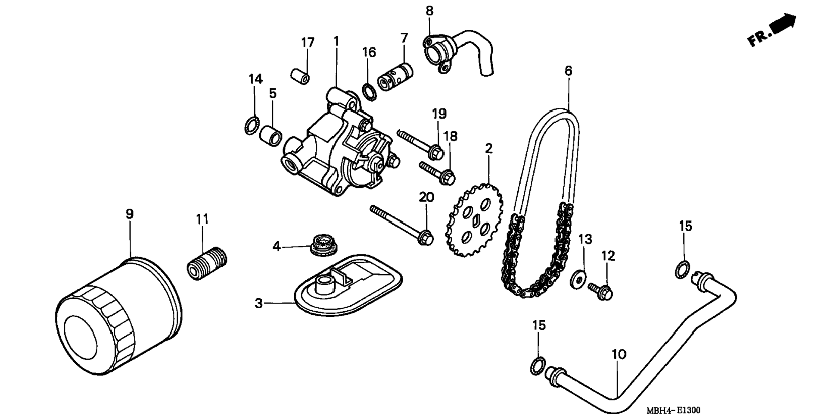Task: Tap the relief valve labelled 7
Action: [395, 76]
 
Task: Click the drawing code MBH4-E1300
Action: [673, 410]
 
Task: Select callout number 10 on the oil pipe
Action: [619, 355]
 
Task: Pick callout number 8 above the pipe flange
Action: [429, 11]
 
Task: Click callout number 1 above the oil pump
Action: [336, 41]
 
